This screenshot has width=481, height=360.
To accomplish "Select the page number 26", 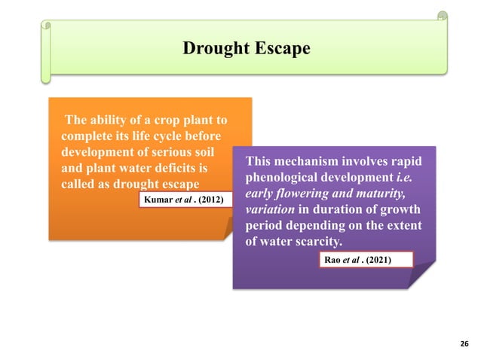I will pyautogui.click(x=464, y=344).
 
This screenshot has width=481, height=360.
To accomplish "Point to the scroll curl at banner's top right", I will pyautogui.click(x=443, y=16).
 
